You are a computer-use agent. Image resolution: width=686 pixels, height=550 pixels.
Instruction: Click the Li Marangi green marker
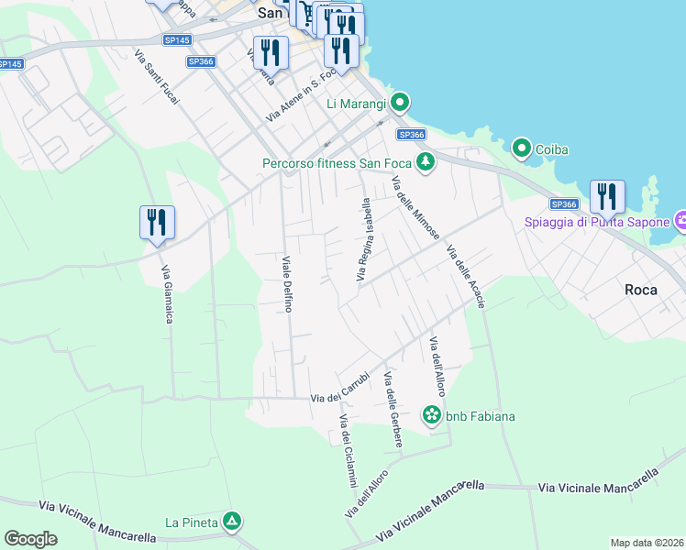pos(400,102)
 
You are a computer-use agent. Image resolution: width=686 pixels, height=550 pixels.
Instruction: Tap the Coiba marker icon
pos(522,148)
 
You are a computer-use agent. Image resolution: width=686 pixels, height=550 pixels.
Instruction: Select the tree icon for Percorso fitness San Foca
pos(425,163)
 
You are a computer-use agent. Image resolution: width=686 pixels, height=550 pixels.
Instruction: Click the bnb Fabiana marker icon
pos(431,415)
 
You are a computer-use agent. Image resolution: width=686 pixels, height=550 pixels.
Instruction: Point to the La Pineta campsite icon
pos(233,522)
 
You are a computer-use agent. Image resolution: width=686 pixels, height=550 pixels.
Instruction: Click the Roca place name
pos(640,290)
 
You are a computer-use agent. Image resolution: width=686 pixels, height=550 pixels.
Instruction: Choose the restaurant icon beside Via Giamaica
pos(157,223)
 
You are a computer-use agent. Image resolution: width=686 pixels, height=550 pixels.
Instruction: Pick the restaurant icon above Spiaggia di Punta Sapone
pos(607,197)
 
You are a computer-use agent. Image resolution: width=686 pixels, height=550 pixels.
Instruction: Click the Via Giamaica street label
pos(167,294)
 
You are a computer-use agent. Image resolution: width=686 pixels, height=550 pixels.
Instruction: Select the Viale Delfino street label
pos(287,283)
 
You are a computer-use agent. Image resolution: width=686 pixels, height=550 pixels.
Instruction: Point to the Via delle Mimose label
pos(415,208)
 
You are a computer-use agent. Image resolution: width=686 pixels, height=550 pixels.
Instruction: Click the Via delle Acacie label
pos(465,276)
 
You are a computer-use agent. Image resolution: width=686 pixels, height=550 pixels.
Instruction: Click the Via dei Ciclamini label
pos(348,450)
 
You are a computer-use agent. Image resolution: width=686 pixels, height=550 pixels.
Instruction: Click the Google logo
pos(30,539)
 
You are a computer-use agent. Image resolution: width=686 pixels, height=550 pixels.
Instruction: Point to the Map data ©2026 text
pos(647,543)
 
